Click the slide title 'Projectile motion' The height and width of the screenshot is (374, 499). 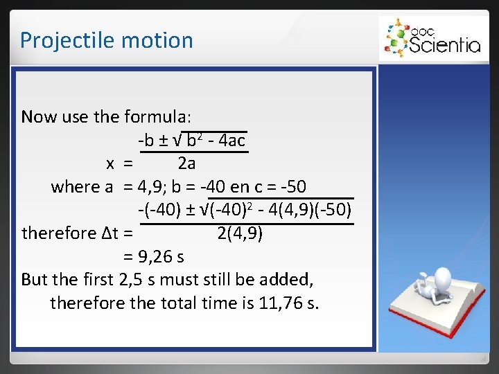pyautogui.click(x=106, y=40)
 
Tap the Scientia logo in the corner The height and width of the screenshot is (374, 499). pyautogui.click(x=430, y=39)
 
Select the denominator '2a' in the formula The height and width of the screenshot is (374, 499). pyautogui.click(x=186, y=163)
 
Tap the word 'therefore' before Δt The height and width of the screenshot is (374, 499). pyautogui.click(x=58, y=233)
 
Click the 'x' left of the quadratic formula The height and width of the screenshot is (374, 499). pyautogui.click(x=110, y=163)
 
